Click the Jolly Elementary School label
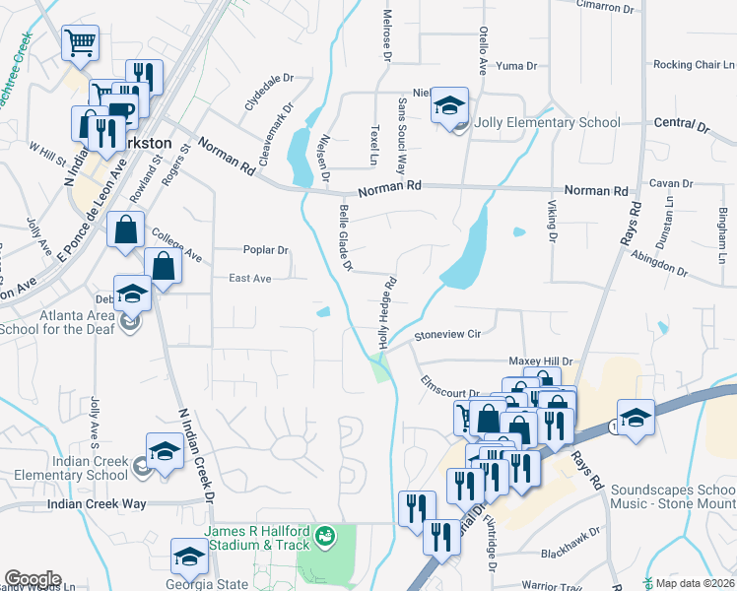click(548, 123)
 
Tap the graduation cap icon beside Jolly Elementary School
click(449, 105)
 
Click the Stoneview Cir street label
click(446, 335)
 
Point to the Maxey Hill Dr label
click(540, 361)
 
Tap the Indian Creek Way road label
click(97, 504)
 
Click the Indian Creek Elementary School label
click(71, 468)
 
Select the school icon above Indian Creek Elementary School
click(165, 452)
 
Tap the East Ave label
click(249, 279)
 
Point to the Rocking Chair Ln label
click(688, 65)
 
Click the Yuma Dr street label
click(516, 66)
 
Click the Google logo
click(32, 579)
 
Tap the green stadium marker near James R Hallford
click(324, 539)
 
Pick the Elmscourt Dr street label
click(449, 385)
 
